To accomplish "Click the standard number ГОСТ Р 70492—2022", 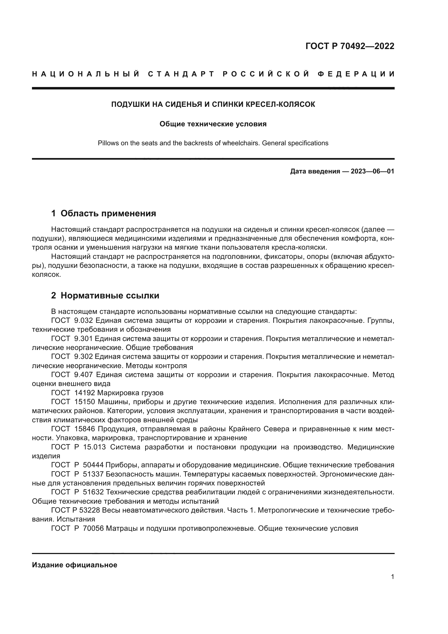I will pos(350,46).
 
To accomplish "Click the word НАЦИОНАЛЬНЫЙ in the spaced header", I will pos(86,74).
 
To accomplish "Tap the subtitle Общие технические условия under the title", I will pos(213,124).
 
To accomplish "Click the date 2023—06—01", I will pos(372,171).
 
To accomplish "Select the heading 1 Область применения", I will pos(103,213).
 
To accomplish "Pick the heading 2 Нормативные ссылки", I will pos(105,295).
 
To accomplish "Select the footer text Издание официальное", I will pos(74,565).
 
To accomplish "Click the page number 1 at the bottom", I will pos(392,577).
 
